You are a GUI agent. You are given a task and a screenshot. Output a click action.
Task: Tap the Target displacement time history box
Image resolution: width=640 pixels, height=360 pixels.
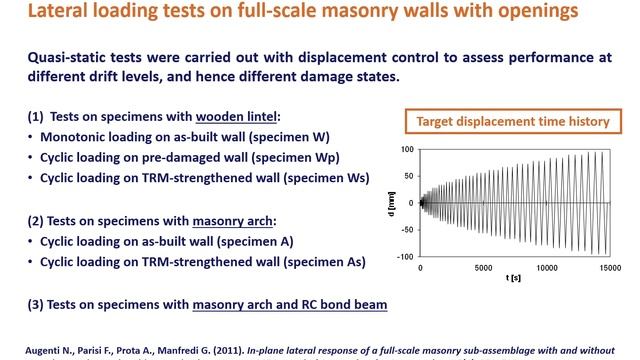tap(513, 121)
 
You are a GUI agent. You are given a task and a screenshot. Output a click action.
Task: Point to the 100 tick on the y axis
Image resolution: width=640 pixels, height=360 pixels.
tap(407, 149)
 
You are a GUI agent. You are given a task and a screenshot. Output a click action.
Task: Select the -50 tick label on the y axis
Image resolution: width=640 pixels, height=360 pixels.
tap(407, 230)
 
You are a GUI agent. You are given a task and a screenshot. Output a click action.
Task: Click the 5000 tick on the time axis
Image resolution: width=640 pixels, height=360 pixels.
tap(483, 268)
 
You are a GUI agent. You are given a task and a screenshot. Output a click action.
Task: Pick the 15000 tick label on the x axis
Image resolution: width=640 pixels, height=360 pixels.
tap(610, 268)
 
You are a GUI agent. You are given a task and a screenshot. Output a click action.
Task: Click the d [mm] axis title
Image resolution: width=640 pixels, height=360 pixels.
tap(391, 204)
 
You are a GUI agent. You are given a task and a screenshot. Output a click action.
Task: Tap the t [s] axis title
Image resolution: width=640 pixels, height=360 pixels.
tap(513, 278)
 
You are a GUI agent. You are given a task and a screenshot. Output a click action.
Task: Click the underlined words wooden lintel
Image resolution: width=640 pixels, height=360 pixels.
tap(236, 117)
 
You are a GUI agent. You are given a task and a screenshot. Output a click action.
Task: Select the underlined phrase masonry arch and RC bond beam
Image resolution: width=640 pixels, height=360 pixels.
tap(290, 305)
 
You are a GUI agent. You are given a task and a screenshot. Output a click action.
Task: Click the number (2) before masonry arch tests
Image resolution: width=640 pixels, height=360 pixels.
tap(35, 221)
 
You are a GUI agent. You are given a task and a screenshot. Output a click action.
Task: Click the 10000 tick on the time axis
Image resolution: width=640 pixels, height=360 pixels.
tap(547, 268)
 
